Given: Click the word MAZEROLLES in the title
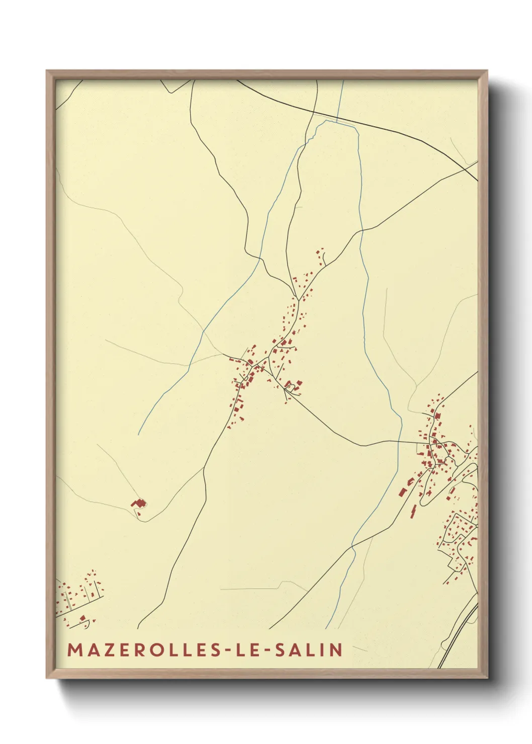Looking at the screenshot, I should [143, 649].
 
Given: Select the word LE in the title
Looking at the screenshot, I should [248, 649].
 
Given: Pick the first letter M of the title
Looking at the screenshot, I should [74, 649].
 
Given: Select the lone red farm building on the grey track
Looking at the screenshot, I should [138, 503].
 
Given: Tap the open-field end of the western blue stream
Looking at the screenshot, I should [139, 434].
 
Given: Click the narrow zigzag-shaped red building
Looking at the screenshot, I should [413, 513].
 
